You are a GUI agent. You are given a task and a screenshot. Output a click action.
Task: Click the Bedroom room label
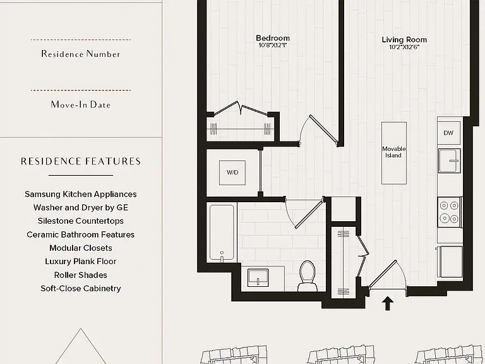coord(273,38)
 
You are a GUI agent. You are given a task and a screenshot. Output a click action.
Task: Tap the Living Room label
coord(404,40)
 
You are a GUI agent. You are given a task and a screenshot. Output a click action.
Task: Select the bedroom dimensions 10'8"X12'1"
coord(273,45)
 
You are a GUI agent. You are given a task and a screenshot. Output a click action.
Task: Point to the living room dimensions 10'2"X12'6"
coord(404,47)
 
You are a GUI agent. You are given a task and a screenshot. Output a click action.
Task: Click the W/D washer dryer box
coord(232,173)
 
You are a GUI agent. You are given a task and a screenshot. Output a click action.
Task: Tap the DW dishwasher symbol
coord(448,133)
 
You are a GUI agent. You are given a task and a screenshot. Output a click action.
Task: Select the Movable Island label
coord(394,152)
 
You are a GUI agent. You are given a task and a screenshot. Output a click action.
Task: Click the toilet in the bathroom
coord(308,276)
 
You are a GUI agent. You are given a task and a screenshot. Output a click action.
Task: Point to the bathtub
coord(222,233)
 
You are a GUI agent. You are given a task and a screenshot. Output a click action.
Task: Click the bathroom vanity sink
coord(258,277)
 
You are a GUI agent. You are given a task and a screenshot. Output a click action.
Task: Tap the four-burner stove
coord(450,212)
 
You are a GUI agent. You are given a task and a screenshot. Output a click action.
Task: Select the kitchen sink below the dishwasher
coord(450,161)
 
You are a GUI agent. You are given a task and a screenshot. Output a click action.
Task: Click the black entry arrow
coord(388,303)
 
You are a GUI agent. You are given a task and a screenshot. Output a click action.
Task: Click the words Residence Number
coord(81,54)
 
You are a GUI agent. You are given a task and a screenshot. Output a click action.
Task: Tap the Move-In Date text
coord(81,105)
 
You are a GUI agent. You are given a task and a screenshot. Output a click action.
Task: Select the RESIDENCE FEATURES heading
coord(81,161)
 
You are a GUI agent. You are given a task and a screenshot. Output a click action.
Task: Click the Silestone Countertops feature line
coord(81,221)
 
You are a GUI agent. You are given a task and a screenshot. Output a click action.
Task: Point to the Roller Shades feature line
coord(81,275)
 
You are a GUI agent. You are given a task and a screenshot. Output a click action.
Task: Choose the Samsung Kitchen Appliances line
coord(81,194)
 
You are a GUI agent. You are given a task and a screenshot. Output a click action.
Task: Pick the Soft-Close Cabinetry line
coord(81,288)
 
